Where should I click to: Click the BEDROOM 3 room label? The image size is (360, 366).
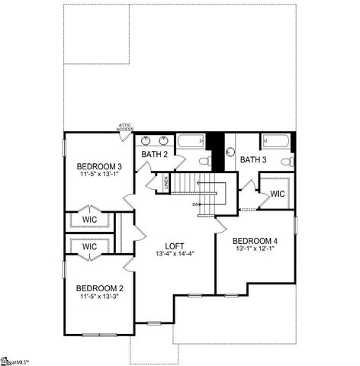click(99, 166)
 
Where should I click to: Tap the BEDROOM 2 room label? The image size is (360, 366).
click(99, 288)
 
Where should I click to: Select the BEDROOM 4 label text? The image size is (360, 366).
click(256, 241)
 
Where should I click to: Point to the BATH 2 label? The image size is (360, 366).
click(155, 155)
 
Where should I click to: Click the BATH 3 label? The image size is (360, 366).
click(253, 160)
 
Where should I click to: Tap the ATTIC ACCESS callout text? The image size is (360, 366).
click(125, 128)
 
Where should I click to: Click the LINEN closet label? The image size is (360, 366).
click(166, 183)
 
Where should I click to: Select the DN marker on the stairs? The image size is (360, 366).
click(195, 204)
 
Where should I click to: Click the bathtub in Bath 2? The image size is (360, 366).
click(191, 141)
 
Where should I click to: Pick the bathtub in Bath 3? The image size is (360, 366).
click(274, 141)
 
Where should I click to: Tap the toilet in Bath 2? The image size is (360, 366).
click(204, 161)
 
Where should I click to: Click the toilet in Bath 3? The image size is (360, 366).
click(286, 161)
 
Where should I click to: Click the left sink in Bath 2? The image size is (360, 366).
click(146, 141)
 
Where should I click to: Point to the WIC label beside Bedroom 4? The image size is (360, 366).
click(277, 194)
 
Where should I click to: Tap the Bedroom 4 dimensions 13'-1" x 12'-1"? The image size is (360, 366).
click(256, 249)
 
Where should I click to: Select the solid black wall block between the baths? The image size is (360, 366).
click(217, 151)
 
